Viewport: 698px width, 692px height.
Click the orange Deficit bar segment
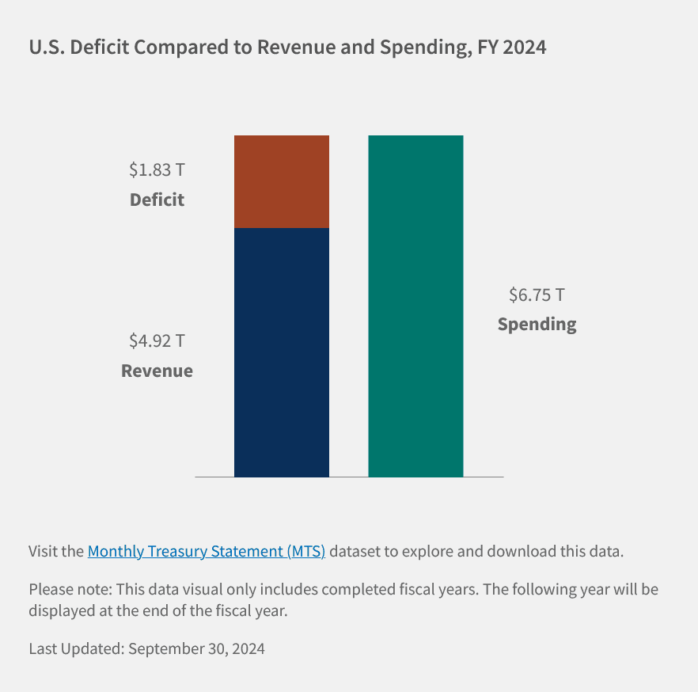281,181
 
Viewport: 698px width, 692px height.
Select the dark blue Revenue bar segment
281,352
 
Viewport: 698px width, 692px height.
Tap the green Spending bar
415,306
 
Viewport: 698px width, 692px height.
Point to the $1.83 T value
157,169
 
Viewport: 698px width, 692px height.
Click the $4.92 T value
157,341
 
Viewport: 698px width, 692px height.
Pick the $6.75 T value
537,295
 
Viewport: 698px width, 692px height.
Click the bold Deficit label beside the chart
157,200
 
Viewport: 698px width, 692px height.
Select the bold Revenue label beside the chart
157,371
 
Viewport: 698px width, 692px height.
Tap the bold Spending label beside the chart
537,324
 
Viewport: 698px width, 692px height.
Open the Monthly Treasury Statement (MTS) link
207,551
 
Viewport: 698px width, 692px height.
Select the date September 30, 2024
196,648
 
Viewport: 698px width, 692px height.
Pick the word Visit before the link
44,551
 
